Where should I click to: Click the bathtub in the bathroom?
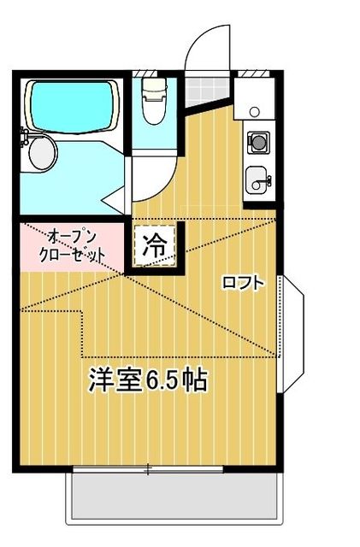pyautogui.click(x=73, y=105)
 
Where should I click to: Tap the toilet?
pyautogui.click(x=154, y=103)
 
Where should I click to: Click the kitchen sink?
pyautogui.click(x=257, y=180)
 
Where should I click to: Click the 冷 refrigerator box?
pyautogui.click(x=154, y=246)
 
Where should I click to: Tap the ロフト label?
pyautogui.click(x=243, y=282)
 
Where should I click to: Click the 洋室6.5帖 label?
pyautogui.click(x=147, y=380)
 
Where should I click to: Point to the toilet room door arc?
pyautogui.click(x=154, y=175)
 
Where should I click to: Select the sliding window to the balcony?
pyautogui.click(x=148, y=468)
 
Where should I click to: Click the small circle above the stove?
pyautogui.click(x=255, y=112)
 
